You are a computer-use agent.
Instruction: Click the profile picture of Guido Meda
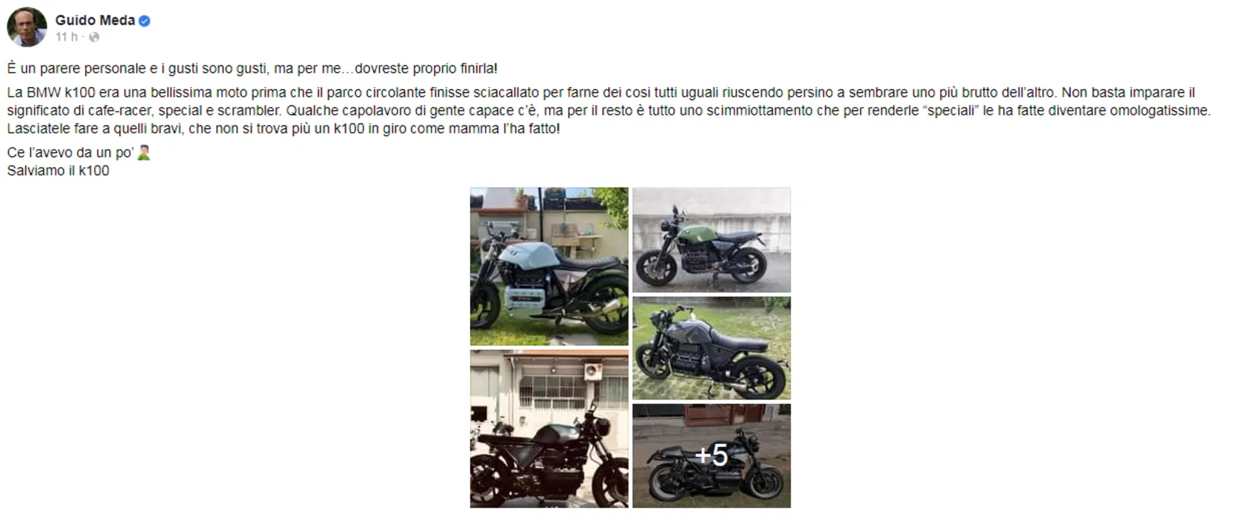pos(27,27)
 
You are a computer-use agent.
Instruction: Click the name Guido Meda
pos(95,20)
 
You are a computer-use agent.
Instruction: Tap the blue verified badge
pos(144,21)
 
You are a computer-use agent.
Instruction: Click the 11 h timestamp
pos(66,37)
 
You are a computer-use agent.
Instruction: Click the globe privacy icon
pos(94,37)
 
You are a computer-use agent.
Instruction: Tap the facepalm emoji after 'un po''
pos(143,153)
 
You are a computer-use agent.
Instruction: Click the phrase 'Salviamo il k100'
pos(58,171)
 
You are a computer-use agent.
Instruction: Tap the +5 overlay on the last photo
pos(712,456)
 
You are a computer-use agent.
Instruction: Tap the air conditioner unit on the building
pos(593,372)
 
